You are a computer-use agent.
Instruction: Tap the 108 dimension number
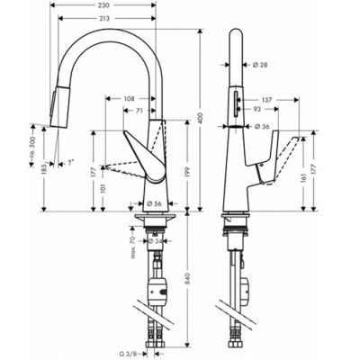coord(129,97)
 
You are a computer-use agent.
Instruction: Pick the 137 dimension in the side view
coord(267,100)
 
